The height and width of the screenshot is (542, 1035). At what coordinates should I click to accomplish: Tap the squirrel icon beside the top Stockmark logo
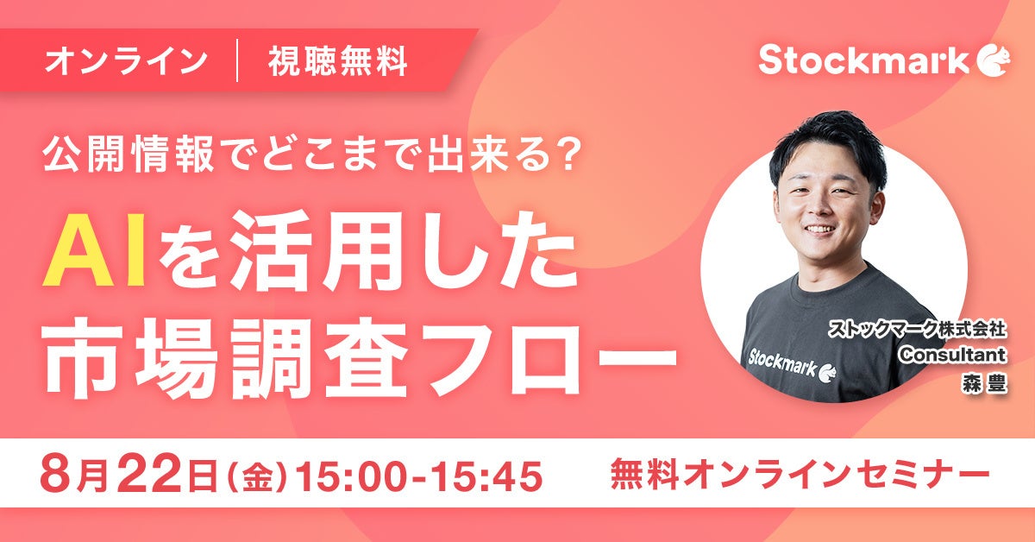pos(993,61)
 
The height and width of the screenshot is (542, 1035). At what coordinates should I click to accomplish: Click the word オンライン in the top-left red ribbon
pos(126,61)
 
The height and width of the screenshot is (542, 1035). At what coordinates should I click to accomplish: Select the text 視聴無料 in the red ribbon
pos(338,61)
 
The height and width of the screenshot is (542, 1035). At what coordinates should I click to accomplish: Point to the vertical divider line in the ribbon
pos(237,60)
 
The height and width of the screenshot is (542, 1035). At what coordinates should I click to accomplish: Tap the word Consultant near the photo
pos(952,356)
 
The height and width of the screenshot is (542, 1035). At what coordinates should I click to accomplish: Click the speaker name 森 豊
pos(984,384)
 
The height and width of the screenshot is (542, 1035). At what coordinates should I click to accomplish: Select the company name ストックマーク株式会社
pos(917,330)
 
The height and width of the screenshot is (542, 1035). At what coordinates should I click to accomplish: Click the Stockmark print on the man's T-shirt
pos(792,365)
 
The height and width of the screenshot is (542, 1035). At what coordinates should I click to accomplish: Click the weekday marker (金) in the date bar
pos(258,475)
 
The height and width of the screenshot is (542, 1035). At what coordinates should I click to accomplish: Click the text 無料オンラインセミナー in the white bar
pos(800,474)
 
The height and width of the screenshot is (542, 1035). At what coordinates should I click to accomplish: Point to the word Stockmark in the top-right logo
pos(863,60)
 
